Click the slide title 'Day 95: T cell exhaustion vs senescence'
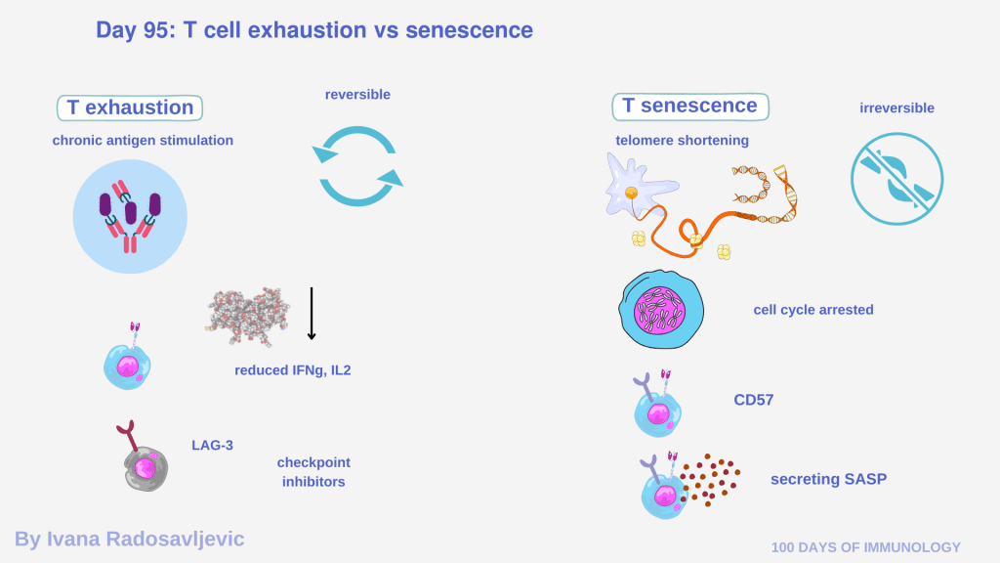pyautogui.click(x=313, y=30)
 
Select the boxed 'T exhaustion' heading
pyautogui.click(x=130, y=108)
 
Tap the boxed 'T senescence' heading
pyautogui.click(x=689, y=106)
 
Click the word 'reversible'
pyautogui.click(x=357, y=95)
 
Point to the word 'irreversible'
pyautogui.click(x=896, y=108)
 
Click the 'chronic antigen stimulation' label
pyautogui.click(x=143, y=140)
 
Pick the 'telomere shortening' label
pyautogui.click(x=682, y=140)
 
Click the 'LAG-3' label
pyautogui.click(x=212, y=446)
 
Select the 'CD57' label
pyautogui.click(x=753, y=399)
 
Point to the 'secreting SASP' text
pyautogui.click(x=828, y=479)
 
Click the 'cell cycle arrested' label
pyautogui.click(x=813, y=310)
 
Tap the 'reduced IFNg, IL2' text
pyautogui.click(x=292, y=369)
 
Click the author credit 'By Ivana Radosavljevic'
pyautogui.click(x=129, y=539)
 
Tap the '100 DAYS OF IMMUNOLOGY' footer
pyautogui.click(x=866, y=547)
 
